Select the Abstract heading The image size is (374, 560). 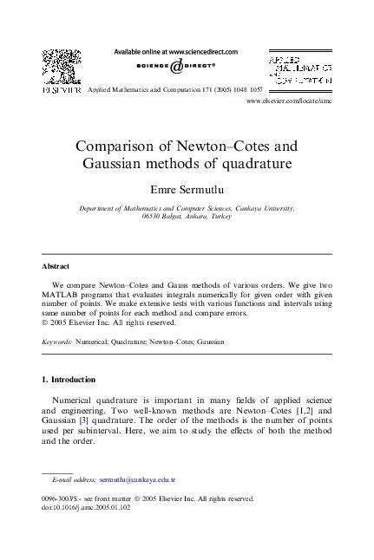pyautogui.click(x=56, y=265)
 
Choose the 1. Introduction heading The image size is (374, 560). pyautogui.click(x=69, y=380)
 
